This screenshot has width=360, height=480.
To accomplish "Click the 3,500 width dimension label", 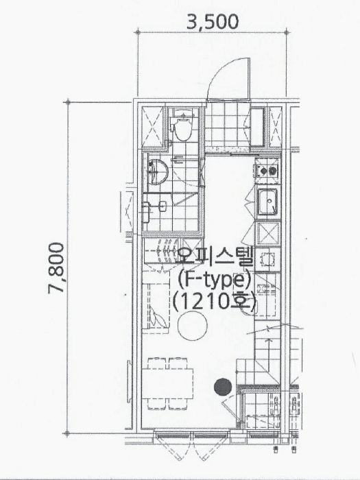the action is click(212, 22).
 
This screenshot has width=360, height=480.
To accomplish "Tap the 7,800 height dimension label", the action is click(56, 268).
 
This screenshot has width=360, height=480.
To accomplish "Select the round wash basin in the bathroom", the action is click(158, 171).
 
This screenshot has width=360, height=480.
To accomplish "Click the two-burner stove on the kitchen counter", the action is click(267, 170).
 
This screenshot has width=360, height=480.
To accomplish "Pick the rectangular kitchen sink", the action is click(268, 202).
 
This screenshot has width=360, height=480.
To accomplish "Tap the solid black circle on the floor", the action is click(223, 387).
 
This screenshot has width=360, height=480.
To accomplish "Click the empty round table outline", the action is click(193, 326).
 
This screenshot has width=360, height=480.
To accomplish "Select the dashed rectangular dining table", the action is click(167, 383).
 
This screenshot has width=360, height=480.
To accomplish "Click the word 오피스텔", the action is click(215, 257).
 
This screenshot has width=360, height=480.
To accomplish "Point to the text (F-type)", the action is click(215, 280).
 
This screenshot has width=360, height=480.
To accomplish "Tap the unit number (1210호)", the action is click(214, 302).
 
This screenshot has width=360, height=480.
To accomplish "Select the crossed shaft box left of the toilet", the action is click(153, 127).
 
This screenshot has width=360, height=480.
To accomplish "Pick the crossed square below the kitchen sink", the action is click(268, 234).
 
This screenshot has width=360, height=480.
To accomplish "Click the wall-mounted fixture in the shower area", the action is click(163, 206).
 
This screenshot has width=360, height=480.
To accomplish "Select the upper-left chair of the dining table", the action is click(157, 363).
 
